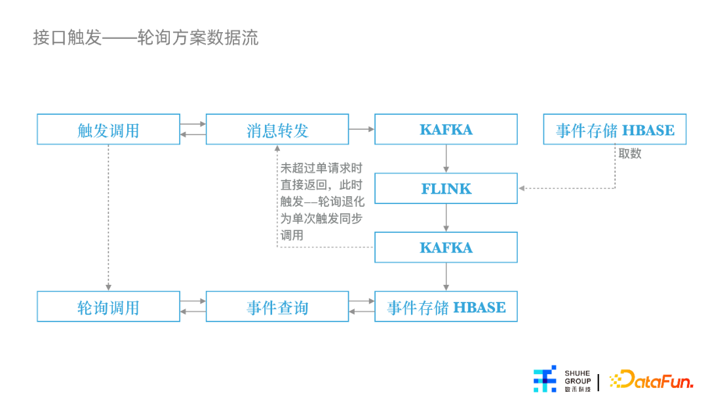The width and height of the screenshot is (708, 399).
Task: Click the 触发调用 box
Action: point(108,129)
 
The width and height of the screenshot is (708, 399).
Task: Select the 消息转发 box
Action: point(277,129)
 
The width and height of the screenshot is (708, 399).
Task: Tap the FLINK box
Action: point(446,188)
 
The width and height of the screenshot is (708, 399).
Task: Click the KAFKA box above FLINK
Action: point(446,129)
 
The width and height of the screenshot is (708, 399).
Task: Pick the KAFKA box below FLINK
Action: point(446,247)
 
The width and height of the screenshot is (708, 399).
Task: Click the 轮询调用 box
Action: point(108,306)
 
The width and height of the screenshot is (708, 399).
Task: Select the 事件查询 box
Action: point(277,306)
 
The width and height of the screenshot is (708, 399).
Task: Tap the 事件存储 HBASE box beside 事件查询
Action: point(446,306)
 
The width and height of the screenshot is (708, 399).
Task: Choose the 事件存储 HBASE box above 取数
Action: point(614,129)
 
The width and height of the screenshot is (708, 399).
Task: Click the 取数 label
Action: point(630,154)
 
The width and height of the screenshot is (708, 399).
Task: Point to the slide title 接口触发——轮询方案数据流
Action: point(146,37)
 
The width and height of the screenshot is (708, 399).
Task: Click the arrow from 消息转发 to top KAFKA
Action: point(362,129)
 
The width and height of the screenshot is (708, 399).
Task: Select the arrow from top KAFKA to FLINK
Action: point(446,159)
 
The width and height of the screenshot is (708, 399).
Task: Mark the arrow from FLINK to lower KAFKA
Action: point(446,218)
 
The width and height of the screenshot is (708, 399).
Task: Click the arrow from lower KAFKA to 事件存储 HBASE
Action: point(446,276)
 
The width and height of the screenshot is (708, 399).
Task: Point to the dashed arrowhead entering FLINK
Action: point(522,188)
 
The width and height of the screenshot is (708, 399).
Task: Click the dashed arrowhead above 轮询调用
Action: point(108,287)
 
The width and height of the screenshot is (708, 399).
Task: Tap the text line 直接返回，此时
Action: point(321,185)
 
